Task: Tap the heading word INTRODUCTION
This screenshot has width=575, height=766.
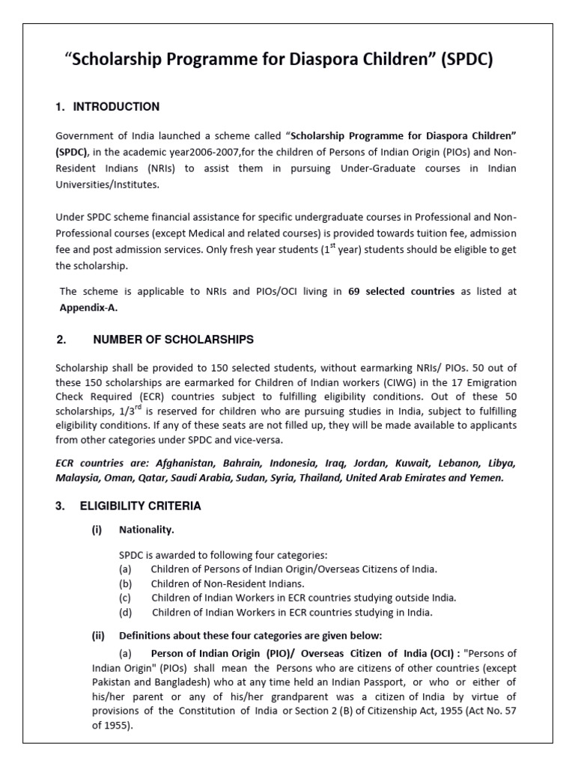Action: click(116, 107)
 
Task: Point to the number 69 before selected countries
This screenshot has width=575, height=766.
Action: click(356, 292)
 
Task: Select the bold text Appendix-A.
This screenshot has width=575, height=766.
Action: click(89, 307)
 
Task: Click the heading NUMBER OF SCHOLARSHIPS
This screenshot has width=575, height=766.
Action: click(173, 340)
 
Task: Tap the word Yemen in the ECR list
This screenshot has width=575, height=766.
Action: click(487, 477)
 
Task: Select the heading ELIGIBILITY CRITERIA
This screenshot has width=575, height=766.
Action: click(141, 506)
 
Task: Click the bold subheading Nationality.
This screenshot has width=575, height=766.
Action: click(147, 530)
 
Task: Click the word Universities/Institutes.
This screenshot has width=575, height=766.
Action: click(108, 184)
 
